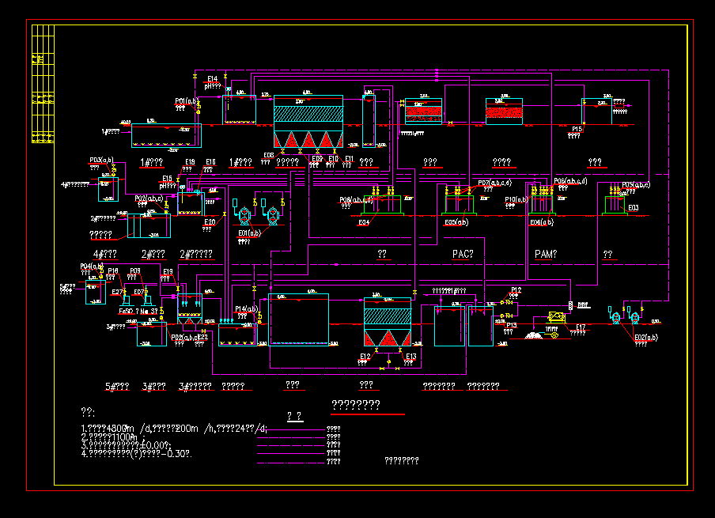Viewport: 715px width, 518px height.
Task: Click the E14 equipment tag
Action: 212,79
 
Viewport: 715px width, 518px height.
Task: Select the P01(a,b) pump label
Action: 187,101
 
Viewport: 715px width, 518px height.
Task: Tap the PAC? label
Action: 463,254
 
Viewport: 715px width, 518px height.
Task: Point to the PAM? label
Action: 546,254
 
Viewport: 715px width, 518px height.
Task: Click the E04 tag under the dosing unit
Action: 364,223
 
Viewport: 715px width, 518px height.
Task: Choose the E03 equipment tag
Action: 633,208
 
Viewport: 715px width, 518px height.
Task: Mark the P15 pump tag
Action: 577,128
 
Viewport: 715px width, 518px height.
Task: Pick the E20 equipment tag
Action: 210,223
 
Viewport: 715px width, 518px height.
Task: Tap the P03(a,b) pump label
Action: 102,160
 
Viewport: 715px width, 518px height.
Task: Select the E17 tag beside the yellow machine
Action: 581,327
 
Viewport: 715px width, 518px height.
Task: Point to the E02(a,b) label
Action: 646,338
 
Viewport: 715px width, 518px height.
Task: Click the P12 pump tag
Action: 516,290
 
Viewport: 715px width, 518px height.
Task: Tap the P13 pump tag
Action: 511,325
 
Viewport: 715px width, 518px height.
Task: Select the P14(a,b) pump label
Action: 247,308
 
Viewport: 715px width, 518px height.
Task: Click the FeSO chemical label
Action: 127,311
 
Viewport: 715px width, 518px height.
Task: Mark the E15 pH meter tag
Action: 168,179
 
